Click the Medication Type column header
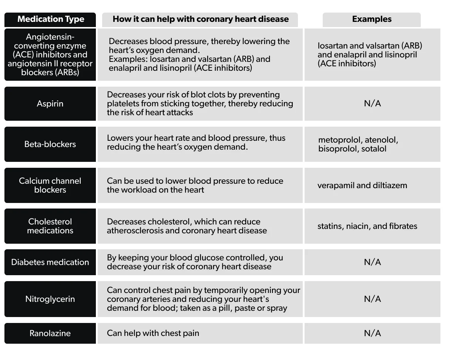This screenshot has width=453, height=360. [50, 19]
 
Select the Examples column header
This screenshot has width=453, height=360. [372, 19]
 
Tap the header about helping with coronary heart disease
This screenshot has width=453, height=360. [200, 19]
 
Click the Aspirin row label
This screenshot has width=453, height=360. [50, 104]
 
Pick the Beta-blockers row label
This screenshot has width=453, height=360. [50, 144]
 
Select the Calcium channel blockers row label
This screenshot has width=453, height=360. [50, 185]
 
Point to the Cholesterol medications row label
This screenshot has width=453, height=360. [50, 226]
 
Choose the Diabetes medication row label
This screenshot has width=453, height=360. [50, 262]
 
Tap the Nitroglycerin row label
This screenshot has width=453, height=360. [50, 299]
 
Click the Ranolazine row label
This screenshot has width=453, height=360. [50, 333]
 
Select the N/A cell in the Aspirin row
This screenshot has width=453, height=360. [372, 104]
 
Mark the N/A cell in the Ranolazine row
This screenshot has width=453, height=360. [372, 333]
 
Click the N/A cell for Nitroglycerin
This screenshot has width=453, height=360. [372, 299]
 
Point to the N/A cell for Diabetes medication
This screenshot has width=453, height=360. [372, 262]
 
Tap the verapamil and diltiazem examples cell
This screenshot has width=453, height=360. [362, 186]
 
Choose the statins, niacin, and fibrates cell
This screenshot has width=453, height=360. [367, 226]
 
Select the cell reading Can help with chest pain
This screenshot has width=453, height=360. [153, 333]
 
